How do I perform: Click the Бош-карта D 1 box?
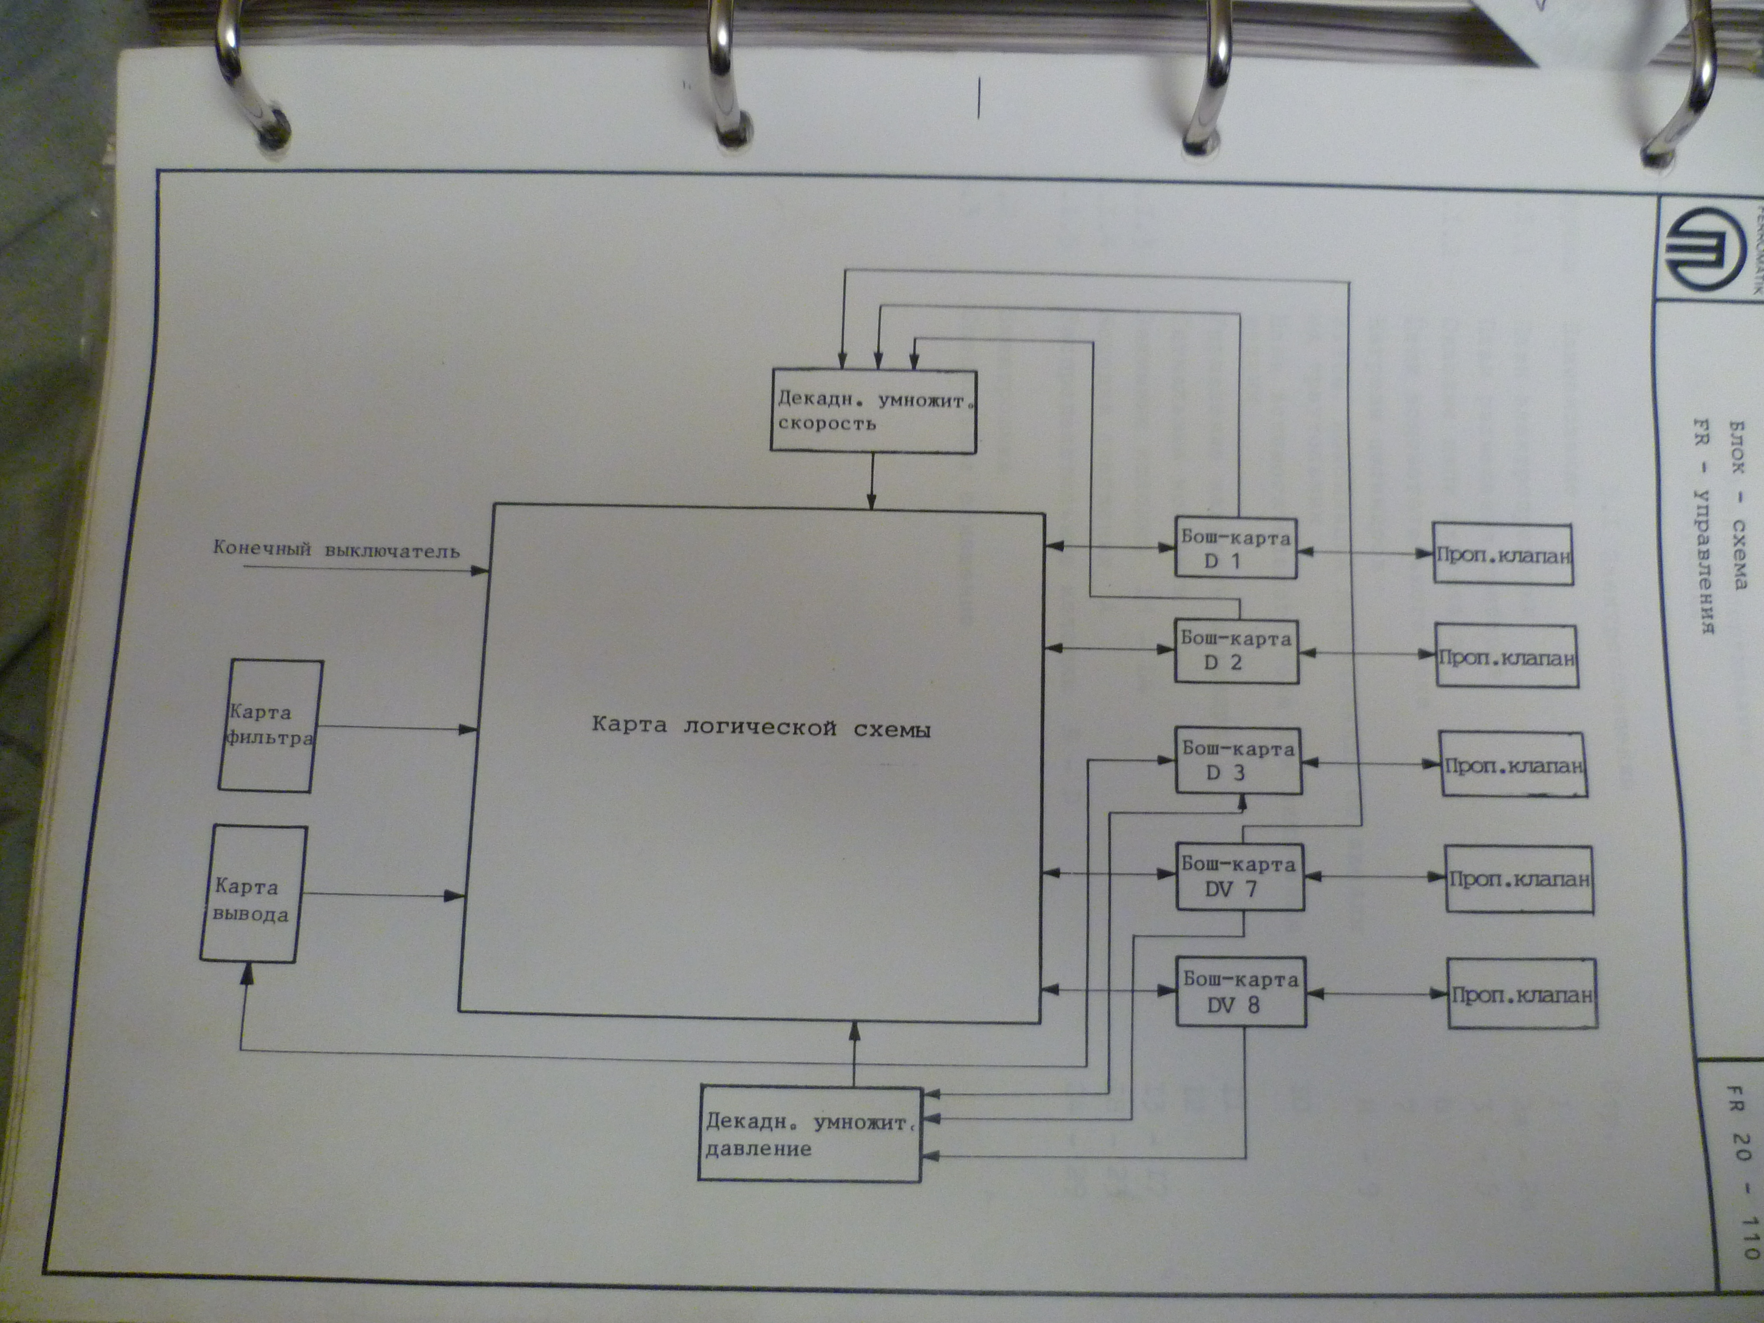click(1235, 548)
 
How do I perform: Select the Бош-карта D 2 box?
click(1236, 651)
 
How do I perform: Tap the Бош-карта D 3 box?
click(1238, 760)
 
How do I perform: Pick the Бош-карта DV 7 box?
click(1240, 876)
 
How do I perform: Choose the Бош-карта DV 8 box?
click(1241, 991)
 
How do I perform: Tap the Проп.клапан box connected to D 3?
click(1513, 765)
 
